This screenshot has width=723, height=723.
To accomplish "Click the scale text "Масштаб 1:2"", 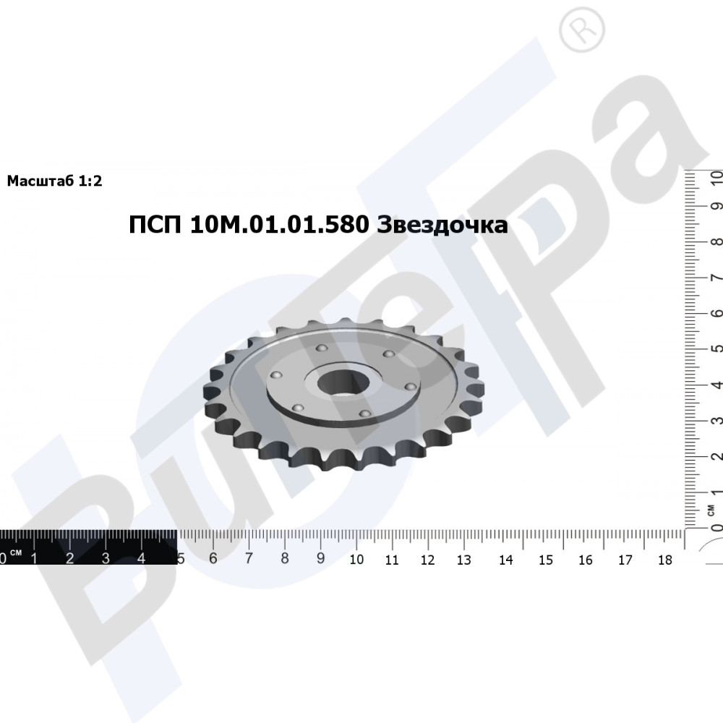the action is (x=54, y=181).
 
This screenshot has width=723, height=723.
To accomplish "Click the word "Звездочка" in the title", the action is (x=442, y=225).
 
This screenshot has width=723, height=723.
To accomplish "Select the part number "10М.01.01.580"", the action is (x=279, y=225).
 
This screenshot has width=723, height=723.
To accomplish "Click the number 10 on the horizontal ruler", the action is (x=356, y=560).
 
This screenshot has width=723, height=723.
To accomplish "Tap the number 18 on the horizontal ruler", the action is (x=665, y=560).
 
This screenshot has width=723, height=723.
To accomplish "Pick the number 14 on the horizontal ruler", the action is (x=506, y=560).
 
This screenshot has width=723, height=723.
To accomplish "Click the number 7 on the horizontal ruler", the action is (x=249, y=558).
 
